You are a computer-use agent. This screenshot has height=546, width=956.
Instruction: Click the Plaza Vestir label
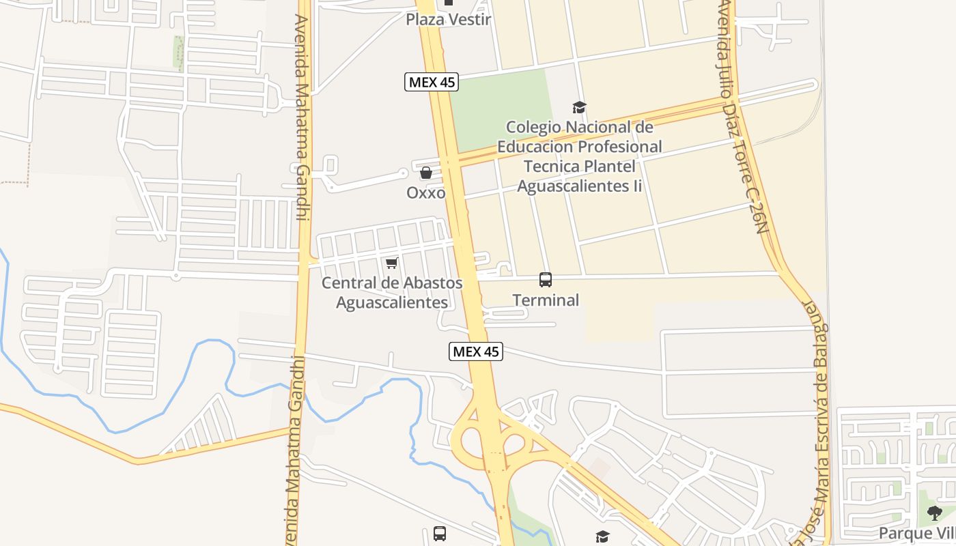click(x=448, y=19)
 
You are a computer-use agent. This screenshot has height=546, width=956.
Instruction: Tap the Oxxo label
click(x=426, y=193)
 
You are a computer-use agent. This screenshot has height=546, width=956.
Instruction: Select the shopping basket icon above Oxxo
click(x=426, y=173)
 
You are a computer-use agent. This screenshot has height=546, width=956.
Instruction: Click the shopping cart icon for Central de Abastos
click(x=391, y=263)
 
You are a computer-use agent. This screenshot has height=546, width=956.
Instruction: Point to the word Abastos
click(x=430, y=283)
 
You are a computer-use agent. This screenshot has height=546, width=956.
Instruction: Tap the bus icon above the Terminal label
click(x=546, y=280)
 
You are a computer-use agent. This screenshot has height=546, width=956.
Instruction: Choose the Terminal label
click(x=546, y=300)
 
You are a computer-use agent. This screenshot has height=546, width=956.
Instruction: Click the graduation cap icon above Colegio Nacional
click(x=579, y=107)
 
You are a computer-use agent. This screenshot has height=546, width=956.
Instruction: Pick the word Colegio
click(x=533, y=128)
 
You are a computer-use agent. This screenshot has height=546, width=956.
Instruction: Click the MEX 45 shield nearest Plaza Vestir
click(x=431, y=83)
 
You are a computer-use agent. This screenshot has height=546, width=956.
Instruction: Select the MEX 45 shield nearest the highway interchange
click(x=476, y=351)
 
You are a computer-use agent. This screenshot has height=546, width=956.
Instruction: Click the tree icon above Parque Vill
click(x=935, y=513)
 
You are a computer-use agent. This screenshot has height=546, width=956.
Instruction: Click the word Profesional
click(x=619, y=147)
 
